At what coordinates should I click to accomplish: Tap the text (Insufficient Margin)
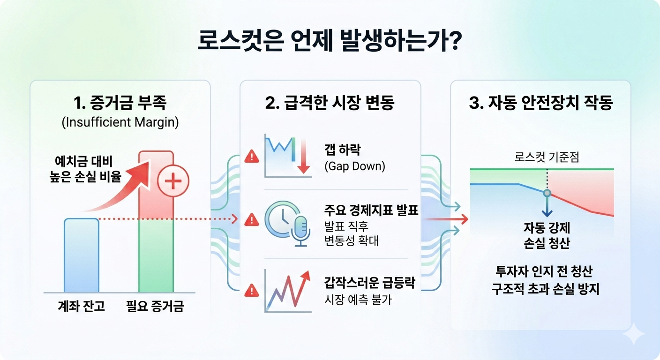[120, 123]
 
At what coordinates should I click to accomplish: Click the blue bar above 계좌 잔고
[81, 255]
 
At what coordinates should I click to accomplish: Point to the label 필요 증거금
[155, 307]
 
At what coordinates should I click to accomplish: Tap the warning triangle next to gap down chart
[252, 157]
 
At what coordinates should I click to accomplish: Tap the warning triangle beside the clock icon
[252, 219]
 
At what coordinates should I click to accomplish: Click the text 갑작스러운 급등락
[370, 283]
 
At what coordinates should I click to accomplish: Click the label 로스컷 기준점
[547, 157]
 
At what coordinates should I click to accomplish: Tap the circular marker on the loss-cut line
[547, 193]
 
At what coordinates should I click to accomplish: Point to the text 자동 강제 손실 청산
[547, 236]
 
